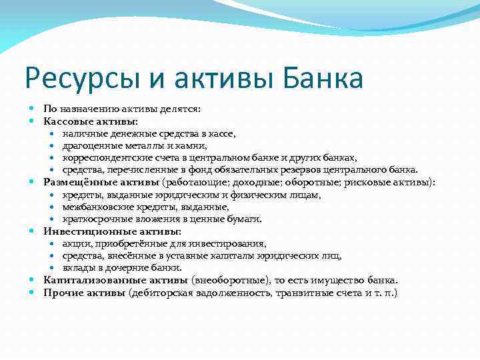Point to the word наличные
point(83,133)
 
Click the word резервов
point(315,169)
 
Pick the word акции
point(75,243)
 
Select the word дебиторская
point(168,293)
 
